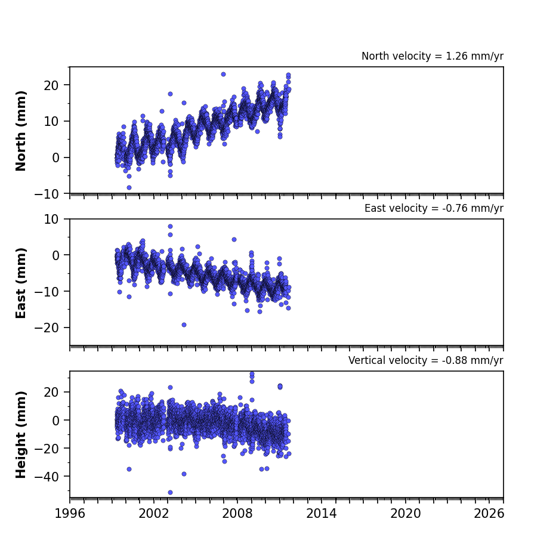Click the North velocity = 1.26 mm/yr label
(433, 56)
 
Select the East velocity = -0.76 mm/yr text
(434, 208)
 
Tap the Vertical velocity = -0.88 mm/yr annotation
(426, 360)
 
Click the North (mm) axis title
(21, 131)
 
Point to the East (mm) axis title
(21, 283)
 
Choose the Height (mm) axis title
(21, 434)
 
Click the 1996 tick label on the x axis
(70, 514)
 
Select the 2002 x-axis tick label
(154, 514)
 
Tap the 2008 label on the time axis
(237, 514)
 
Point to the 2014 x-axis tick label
(321, 514)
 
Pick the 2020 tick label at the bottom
(405, 514)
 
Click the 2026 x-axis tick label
(489, 514)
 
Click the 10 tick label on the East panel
(51, 220)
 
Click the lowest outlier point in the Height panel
(170, 493)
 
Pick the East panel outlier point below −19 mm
(184, 325)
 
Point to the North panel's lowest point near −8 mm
(129, 187)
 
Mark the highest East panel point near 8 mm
(170, 226)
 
